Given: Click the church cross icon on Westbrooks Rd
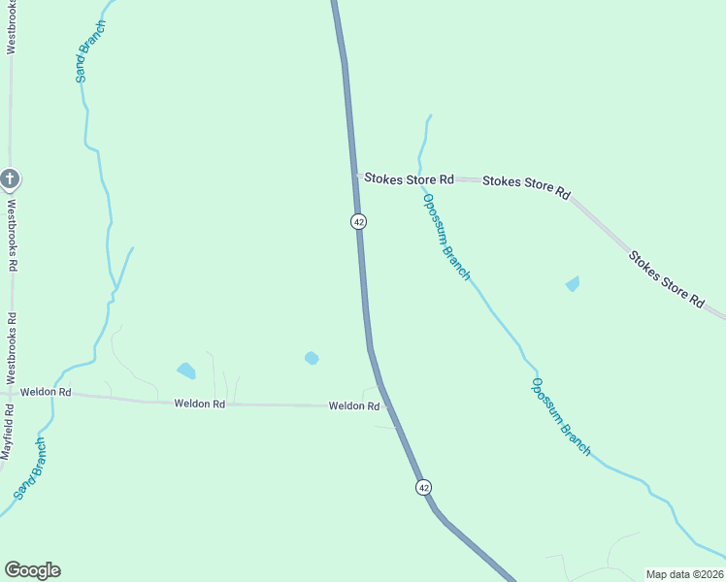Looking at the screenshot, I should (x=10, y=178).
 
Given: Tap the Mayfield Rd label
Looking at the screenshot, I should (x=7, y=431).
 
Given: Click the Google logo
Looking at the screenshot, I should (x=32, y=570).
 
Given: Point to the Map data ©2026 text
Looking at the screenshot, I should (x=684, y=574).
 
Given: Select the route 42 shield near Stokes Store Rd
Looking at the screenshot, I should (x=359, y=221).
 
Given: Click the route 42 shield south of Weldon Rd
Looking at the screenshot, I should (x=423, y=487).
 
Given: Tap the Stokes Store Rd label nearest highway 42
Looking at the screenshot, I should (x=407, y=179).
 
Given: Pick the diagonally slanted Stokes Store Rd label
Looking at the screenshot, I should (x=666, y=279).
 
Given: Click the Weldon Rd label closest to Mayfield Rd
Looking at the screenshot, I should (x=46, y=392).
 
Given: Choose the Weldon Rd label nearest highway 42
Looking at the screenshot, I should (x=353, y=406).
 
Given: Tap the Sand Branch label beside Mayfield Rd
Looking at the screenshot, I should (x=30, y=469).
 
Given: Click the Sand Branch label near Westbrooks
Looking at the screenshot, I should (x=89, y=50).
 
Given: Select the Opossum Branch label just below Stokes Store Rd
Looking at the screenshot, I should (x=446, y=237).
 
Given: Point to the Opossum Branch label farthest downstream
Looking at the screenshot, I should (x=560, y=416).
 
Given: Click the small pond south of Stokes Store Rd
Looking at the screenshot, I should (x=573, y=283).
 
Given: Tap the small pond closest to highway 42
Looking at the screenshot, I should (x=312, y=358).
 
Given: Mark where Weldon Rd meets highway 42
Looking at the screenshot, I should (x=381, y=406).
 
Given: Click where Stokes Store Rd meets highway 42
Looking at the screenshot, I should (x=356, y=177).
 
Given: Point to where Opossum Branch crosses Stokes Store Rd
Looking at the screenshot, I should (x=421, y=178).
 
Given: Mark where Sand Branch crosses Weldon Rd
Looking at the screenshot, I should (x=52, y=393).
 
